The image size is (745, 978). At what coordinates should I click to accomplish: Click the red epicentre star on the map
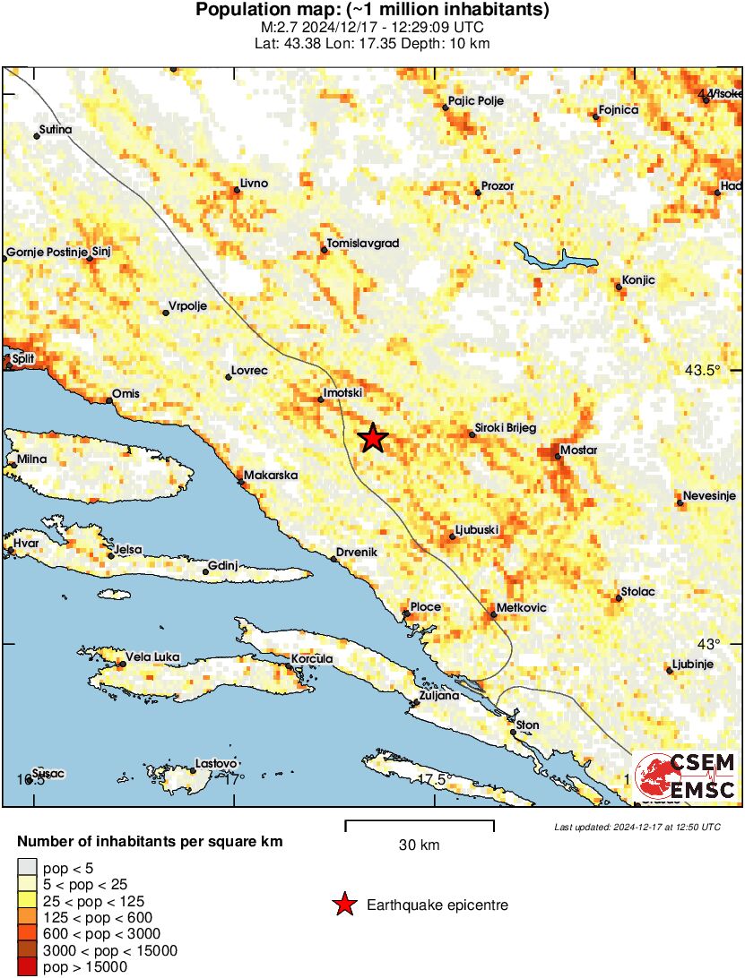tap(373, 438)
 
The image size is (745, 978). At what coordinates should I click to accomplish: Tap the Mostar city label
tap(578, 450)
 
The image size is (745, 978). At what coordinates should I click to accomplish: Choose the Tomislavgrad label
tap(363, 243)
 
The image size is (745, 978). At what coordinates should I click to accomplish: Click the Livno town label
tap(254, 184)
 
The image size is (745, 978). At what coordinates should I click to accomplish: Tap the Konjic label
tap(638, 280)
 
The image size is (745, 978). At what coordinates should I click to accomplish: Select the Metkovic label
tap(521, 608)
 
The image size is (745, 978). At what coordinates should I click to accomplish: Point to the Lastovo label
tap(216, 763)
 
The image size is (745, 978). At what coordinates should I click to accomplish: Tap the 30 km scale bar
tap(419, 821)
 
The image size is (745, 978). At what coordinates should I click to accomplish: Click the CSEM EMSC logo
tap(686, 775)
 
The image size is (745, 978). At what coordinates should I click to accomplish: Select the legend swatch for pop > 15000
tap(28, 966)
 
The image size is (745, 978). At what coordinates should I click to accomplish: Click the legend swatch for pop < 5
tap(28, 868)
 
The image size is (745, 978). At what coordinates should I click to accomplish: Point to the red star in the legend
tap(344, 905)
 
